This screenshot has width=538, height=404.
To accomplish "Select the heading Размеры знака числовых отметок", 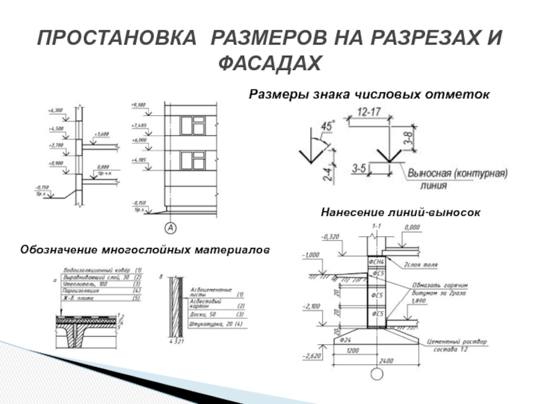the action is point(369,94).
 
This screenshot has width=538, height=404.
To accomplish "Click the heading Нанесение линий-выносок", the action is point(400,212).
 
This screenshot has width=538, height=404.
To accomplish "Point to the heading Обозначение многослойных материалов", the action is point(145,250).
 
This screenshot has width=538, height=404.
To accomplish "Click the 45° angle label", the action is point(328,127).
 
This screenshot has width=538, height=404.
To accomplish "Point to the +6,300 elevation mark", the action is point(55,109).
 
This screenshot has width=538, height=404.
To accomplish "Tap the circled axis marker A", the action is point(171,228).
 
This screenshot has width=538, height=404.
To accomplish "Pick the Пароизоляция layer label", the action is point(77,290).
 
